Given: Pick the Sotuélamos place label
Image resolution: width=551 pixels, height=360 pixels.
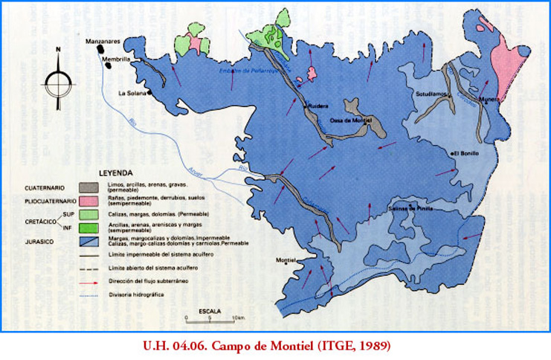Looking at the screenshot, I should click(x=431, y=94).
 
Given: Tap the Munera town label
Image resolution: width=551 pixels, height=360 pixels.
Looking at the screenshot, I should click(x=489, y=98).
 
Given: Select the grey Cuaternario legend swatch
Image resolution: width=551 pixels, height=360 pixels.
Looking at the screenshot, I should click(x=91, y=188).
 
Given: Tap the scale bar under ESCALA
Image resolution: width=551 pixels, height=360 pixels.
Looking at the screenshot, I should click(x=211, y=318).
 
